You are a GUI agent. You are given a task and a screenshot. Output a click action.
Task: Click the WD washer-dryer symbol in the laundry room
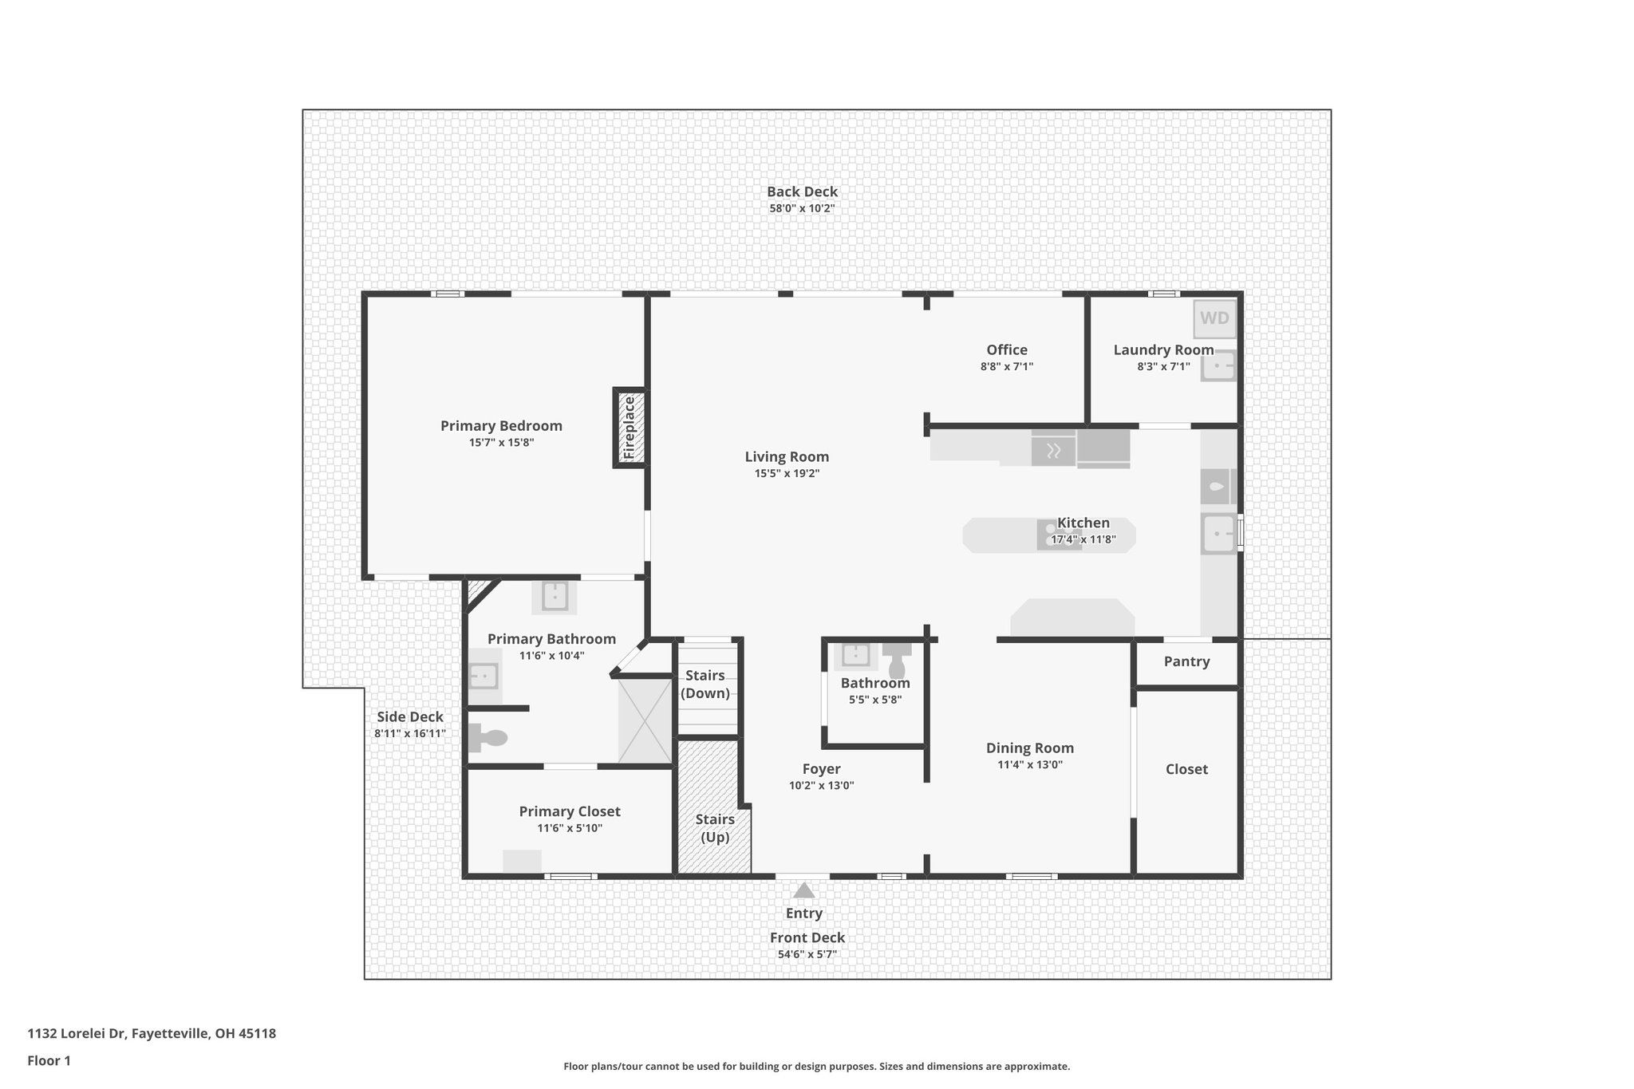(x=1214, y=318)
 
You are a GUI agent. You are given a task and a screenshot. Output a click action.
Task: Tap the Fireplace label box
(x=630, y=428)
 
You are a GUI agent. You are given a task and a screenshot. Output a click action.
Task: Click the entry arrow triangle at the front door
(x=803, y=890)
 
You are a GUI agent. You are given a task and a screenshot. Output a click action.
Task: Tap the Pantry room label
(x=1186, y=661)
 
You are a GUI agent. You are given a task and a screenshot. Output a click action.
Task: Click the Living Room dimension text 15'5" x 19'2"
(x=787, y=474)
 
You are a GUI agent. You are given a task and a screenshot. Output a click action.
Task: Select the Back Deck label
(x=802, y=191)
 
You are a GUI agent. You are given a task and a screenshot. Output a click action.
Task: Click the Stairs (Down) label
(x=705, y=685)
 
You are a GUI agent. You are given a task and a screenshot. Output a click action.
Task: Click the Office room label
(x=1006, y=349)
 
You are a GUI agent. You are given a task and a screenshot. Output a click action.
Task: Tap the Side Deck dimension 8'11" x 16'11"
(x=410, y=734)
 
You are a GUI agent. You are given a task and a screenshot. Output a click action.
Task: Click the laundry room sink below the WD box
(x=1218, y=366)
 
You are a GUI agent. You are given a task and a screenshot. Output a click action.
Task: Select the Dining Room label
(x=1029, y=748)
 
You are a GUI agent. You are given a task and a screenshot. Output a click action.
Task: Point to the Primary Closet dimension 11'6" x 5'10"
(x=570, y=828)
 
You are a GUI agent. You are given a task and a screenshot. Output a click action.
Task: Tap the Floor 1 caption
(x=49, y=1060)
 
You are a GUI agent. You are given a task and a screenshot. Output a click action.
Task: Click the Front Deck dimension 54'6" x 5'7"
(x=807, y=954)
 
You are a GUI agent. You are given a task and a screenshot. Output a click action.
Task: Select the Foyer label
(x=821, y=769)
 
